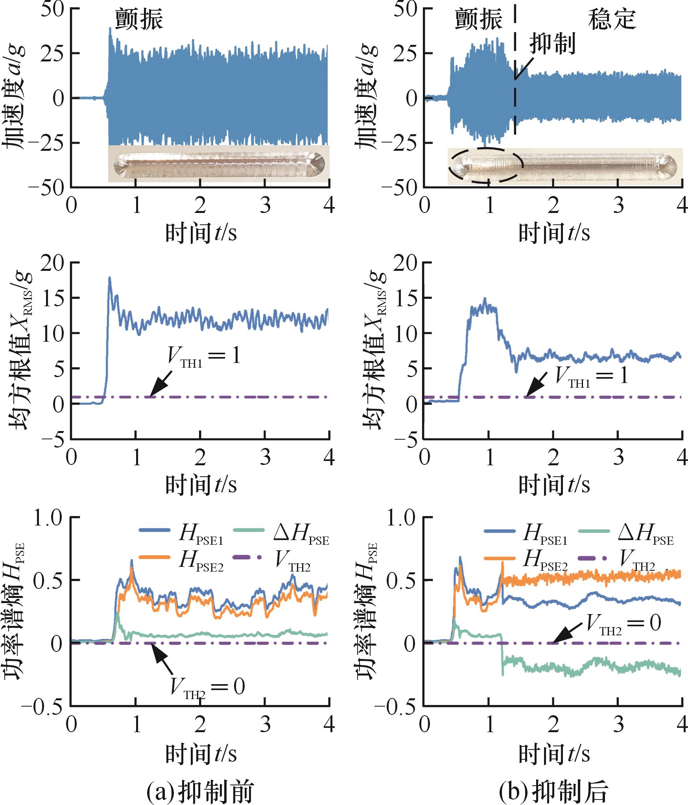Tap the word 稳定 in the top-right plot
coord(612,19)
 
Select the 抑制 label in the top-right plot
coord(552,44)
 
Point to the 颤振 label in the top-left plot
coord(139,19)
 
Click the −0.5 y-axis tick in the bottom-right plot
coord(398,707)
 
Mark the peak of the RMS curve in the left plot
coord(110,278)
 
